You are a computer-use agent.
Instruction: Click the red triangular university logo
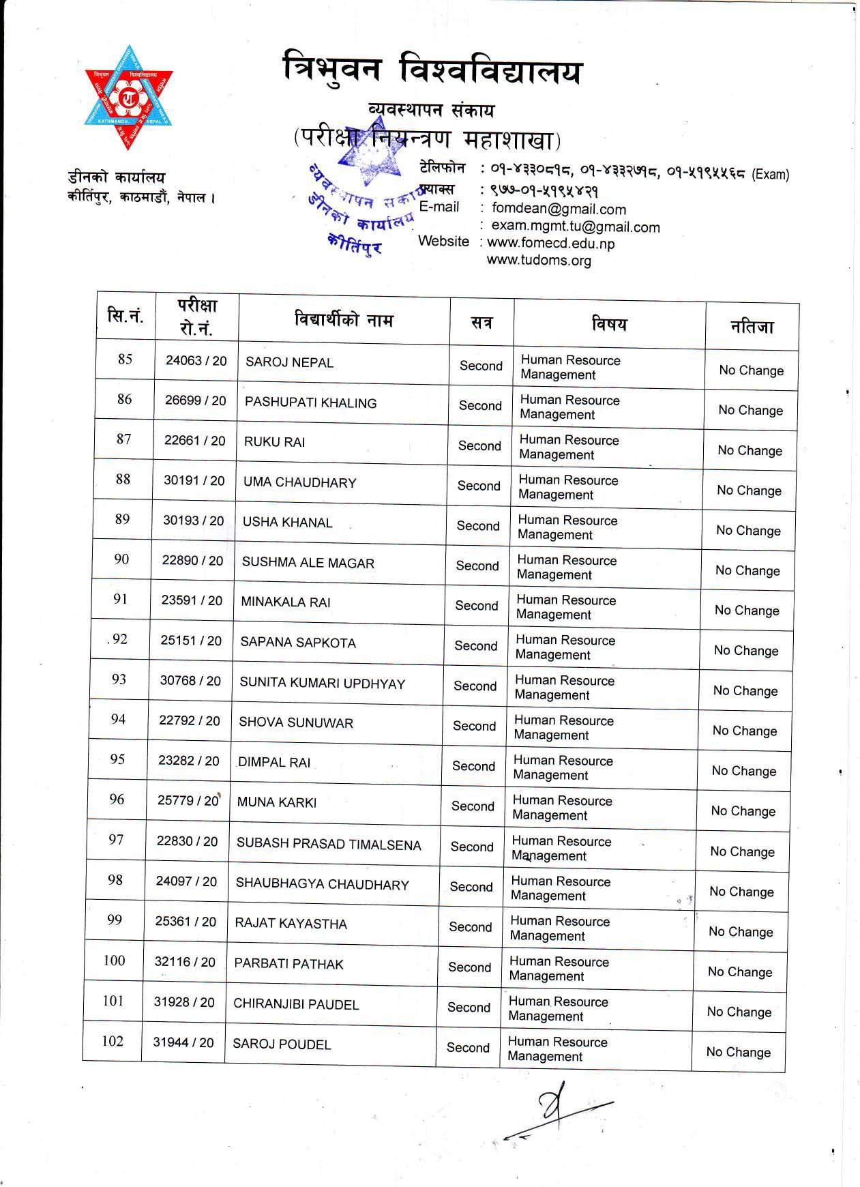click(128, 98)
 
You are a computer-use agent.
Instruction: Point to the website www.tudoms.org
click(539, 261)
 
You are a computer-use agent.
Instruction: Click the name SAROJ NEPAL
click(289, 362)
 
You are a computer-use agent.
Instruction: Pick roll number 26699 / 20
click(195, 400)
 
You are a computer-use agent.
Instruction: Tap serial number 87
click(123, 439)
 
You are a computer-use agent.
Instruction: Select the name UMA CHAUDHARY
click(299, 482)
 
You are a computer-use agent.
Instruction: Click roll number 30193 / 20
click(193, 521)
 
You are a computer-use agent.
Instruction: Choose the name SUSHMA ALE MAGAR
click(308, 563)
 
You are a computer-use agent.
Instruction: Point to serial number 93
click(119, 679)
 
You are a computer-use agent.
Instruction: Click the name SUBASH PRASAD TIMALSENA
click(329, 845)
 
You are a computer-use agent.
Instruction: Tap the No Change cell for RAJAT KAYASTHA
click(740, 932)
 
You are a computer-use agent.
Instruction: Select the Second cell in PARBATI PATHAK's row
click(469, 967)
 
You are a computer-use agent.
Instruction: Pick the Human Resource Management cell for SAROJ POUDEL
click(557, 1049)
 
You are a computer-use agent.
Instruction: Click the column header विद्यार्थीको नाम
click(344, 319)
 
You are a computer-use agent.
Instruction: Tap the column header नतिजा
click(752, 326)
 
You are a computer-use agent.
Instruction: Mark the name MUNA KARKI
click(276, 803)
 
